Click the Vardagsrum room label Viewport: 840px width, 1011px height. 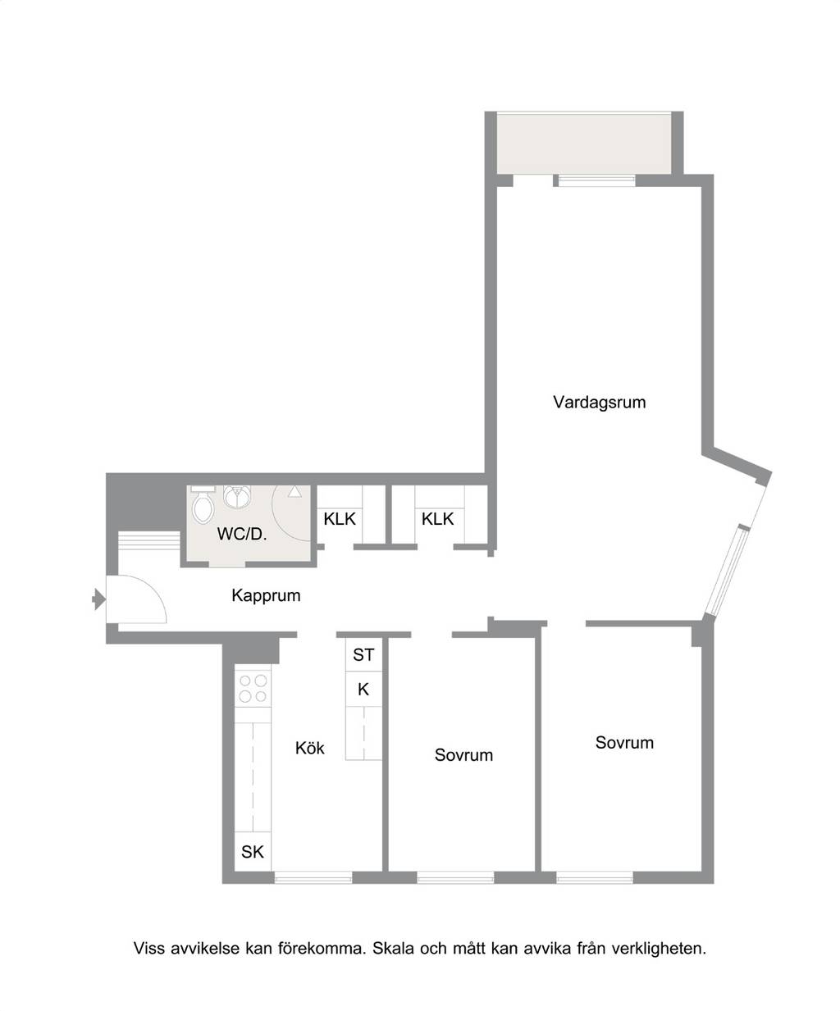pyautogui.click(x=600, y=403)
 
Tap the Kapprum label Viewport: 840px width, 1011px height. pyautogui.click(x=266, y=595)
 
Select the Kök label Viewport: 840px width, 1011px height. pyautogui.click(x=309, y=748)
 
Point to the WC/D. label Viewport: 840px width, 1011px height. pyautogui.click(x=242, y=534)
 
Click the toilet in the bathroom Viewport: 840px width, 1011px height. pyautogui.click(x=203, y=505)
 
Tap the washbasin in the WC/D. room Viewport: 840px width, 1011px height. pyautogui.click(x=237, y=497)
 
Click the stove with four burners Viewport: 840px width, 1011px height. pyautogui.click(x=253, y=688)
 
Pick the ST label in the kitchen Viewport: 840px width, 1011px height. pyautogui.click(x=363, y=655)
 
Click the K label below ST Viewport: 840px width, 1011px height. pyautogui.click(x=363, y=689)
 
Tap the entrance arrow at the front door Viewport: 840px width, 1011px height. pyautogui.click(x=98, y=599)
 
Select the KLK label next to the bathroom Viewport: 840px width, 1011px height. pyautogui.click(x=340, y=519)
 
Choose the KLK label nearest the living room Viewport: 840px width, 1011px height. pyautogui.click(x=437, y=519)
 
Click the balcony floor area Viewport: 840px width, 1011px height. pyautogui.click(x=584, y=143)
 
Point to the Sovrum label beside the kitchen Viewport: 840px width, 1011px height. pyautogui.click(x=463, y=755)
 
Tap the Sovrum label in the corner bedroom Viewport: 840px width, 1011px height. pyautogui.click(x=624, y=743)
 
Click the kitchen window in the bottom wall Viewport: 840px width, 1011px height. pyautogui.click(x=313, y=877)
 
